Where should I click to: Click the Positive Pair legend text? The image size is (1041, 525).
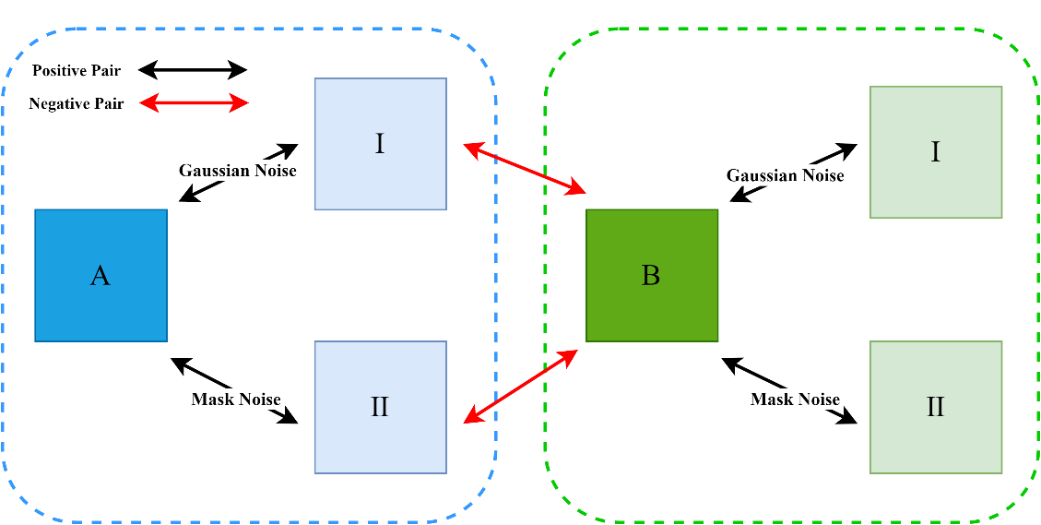77,70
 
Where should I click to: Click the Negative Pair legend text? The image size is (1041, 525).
77,103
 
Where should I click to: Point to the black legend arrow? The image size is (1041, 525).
194,70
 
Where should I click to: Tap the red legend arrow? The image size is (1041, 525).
194,103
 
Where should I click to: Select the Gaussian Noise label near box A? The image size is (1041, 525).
238,171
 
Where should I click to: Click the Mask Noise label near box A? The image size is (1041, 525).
236,400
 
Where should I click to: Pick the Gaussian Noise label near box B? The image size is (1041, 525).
785,175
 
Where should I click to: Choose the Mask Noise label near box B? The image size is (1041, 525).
795,400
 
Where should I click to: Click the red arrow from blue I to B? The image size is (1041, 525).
525,169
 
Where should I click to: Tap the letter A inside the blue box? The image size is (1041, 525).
101,275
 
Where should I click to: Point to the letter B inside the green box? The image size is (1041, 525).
651,275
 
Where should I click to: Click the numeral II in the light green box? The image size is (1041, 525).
935,407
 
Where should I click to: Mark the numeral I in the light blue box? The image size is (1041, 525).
380,144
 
